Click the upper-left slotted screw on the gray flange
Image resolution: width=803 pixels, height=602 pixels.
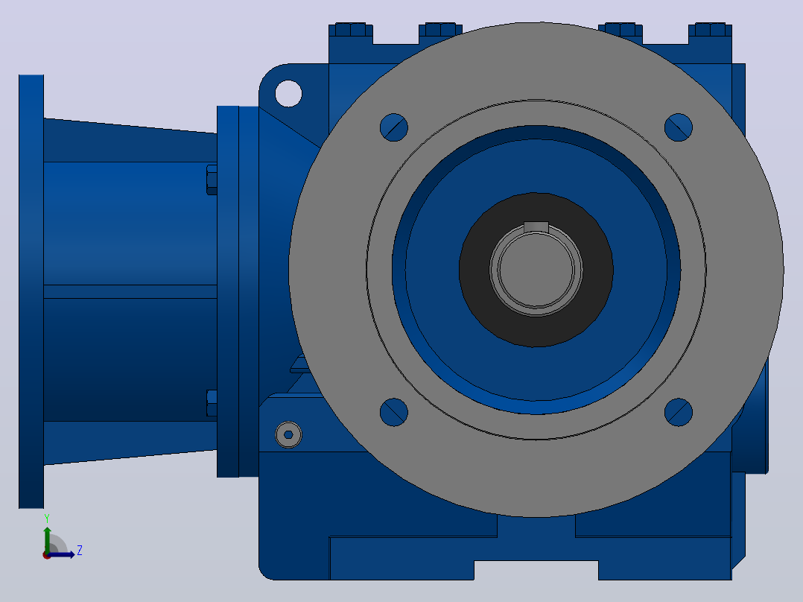pyautogui.click(x=394, y=127)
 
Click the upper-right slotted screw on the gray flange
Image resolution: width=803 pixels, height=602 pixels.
pyautogui.click(x=679, y=127)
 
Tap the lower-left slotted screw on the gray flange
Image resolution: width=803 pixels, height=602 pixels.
pyautogui.click(x=394, y=412)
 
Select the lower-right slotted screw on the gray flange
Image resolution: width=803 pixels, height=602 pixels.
pyautogui.click(x=679, y=412)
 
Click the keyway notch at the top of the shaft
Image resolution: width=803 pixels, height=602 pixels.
pyautogui.click(x=536, y=227)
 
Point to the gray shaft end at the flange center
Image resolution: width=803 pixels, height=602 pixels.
pyautogui.click(x=536, y=270)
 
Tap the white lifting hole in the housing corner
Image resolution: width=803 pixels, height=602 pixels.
pyautogui.click(x=288, y=94)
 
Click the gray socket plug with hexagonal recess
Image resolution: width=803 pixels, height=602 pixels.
pyautogui.click(x=288, y=435)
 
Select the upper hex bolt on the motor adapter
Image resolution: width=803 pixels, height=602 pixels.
pyautogui.click(x=212, y=180)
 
